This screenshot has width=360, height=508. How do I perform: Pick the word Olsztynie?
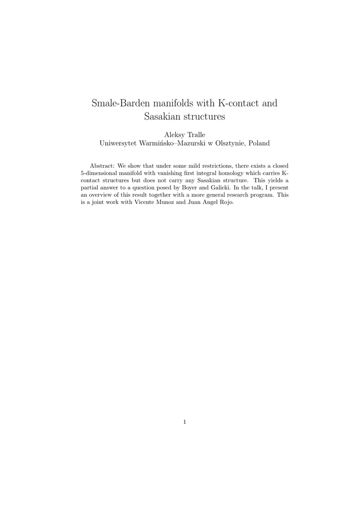pos(226,143)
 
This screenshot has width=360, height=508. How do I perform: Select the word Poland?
pos(259,143)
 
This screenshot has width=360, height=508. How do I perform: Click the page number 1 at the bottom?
pos(184,422)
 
